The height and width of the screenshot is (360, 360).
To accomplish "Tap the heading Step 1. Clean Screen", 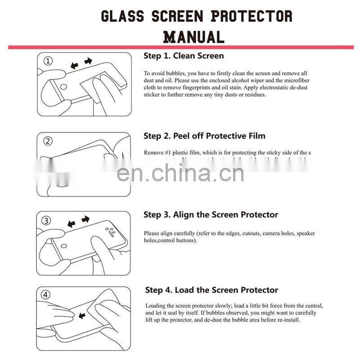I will point(184,56).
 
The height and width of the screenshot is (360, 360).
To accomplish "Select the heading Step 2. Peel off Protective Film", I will point(204,136).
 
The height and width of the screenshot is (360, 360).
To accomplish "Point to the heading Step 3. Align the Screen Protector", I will point(211,215).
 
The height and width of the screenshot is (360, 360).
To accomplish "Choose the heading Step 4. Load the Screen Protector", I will point(211,290).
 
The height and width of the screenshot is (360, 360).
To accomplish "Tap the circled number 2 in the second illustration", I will point(48,141).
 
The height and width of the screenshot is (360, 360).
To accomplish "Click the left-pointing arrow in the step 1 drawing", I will point(74,66).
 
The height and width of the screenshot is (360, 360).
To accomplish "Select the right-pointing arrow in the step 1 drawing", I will point(88,61).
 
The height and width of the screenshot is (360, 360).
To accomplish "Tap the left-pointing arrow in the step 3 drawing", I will point(71,223).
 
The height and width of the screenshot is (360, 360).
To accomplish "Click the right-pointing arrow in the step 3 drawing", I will point(85,219).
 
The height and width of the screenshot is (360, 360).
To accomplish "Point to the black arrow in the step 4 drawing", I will point(83,315).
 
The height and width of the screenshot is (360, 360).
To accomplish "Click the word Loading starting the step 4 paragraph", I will point(155,306).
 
